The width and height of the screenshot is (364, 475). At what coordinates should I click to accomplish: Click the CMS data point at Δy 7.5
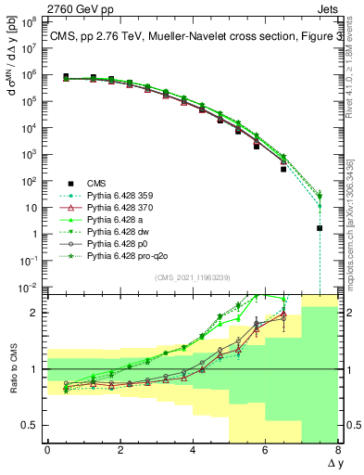pos(320,227)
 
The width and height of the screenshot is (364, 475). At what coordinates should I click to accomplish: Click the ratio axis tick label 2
pos(32,313)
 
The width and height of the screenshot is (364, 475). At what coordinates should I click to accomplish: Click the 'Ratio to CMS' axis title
pos(12,369)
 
